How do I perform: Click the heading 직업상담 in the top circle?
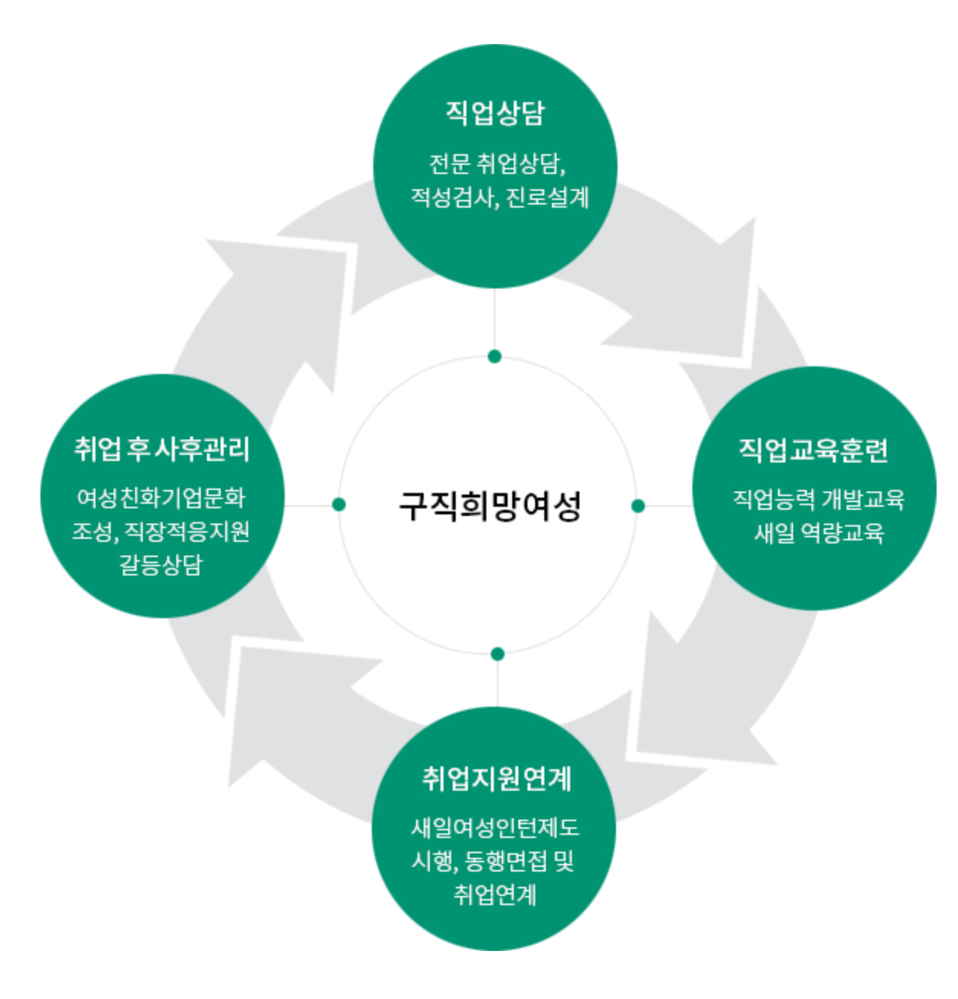[495, 113]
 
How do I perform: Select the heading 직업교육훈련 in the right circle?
[814, 450]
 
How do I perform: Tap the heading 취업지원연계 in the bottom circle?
[496, 778]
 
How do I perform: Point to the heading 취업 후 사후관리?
[162, 449]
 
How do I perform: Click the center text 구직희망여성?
[490, 505]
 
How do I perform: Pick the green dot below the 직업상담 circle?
[495, 356]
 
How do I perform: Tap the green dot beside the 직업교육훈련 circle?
[638, 505]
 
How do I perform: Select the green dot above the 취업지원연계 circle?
[498, 654]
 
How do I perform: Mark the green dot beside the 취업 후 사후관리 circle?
[339, 504]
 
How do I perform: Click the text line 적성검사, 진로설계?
[499, 198]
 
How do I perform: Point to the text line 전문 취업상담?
[497, 163]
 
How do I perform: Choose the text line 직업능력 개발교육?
[818, 499]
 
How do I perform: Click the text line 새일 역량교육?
[818, 532]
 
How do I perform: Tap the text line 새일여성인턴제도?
[495, 827]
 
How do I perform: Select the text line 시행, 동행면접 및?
[492, 861]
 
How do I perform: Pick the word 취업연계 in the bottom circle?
[495, 894]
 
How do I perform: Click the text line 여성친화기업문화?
[161, 498]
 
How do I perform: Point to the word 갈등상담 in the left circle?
[161, 565]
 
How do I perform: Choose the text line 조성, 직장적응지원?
[161, 531]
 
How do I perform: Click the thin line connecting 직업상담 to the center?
[495, 321]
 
